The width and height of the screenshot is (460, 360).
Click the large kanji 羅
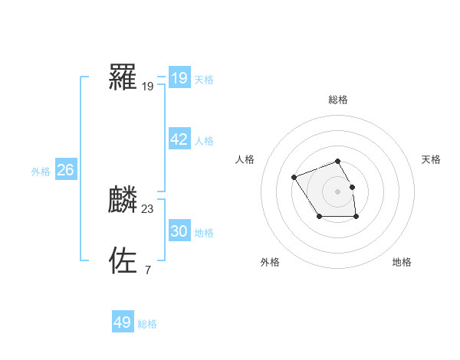coord(123,77)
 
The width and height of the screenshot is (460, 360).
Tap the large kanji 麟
coord(123,200)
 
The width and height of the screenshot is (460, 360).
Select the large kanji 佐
coord(123,260)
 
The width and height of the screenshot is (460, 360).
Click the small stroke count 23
coord(148,208)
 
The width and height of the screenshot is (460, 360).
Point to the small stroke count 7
coord(147,270)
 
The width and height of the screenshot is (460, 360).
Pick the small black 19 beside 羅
coord(148,87)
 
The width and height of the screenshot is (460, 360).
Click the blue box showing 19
coord(179,77)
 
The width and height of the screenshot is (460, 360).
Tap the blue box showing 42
coord(179,139)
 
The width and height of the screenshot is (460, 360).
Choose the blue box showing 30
coord(179,231)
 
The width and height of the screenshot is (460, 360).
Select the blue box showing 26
coord(65,170)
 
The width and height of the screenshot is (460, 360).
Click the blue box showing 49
coord(123,322)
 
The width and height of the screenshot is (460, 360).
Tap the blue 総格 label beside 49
coord(147,324)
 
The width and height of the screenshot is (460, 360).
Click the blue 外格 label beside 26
coord(41,172)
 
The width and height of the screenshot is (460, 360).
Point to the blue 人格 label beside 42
coord(204,141)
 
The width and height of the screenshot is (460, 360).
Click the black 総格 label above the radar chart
coord(338,100)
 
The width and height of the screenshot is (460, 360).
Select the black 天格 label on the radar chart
coord(432,159)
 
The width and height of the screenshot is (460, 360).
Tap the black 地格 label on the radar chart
coord(402,262)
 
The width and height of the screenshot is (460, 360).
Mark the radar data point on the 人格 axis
coord(294,178)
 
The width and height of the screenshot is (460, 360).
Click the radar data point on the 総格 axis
coord(338,161)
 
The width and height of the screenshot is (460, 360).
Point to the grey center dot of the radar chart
coord(338,191)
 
